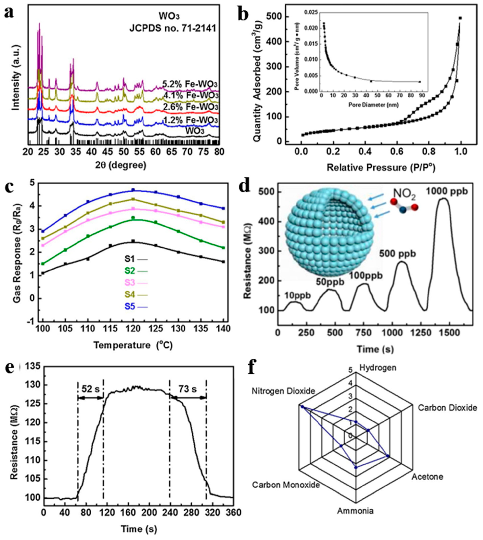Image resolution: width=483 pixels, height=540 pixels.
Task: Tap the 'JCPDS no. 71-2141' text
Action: (x=173, y=28)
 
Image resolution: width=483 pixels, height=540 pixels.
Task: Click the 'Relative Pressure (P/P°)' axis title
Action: (x=381, y=167)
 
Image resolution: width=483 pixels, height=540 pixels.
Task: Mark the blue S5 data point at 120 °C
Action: (x=134, y=190)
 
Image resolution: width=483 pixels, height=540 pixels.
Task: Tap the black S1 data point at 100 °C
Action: (x=43, y=273)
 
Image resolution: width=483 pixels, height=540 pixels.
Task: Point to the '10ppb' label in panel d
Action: (x=297, y=295)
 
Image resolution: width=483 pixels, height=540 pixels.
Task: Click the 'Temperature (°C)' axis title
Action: (x=133, y=345)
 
